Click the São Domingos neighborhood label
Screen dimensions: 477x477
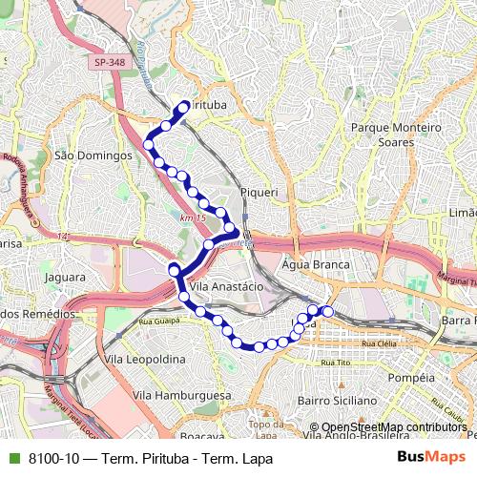93,155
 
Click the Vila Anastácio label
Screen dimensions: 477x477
226,285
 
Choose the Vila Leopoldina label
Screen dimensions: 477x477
145,359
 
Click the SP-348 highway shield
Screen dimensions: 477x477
110,63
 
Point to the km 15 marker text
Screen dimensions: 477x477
192,218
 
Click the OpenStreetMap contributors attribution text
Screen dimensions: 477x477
393,426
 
